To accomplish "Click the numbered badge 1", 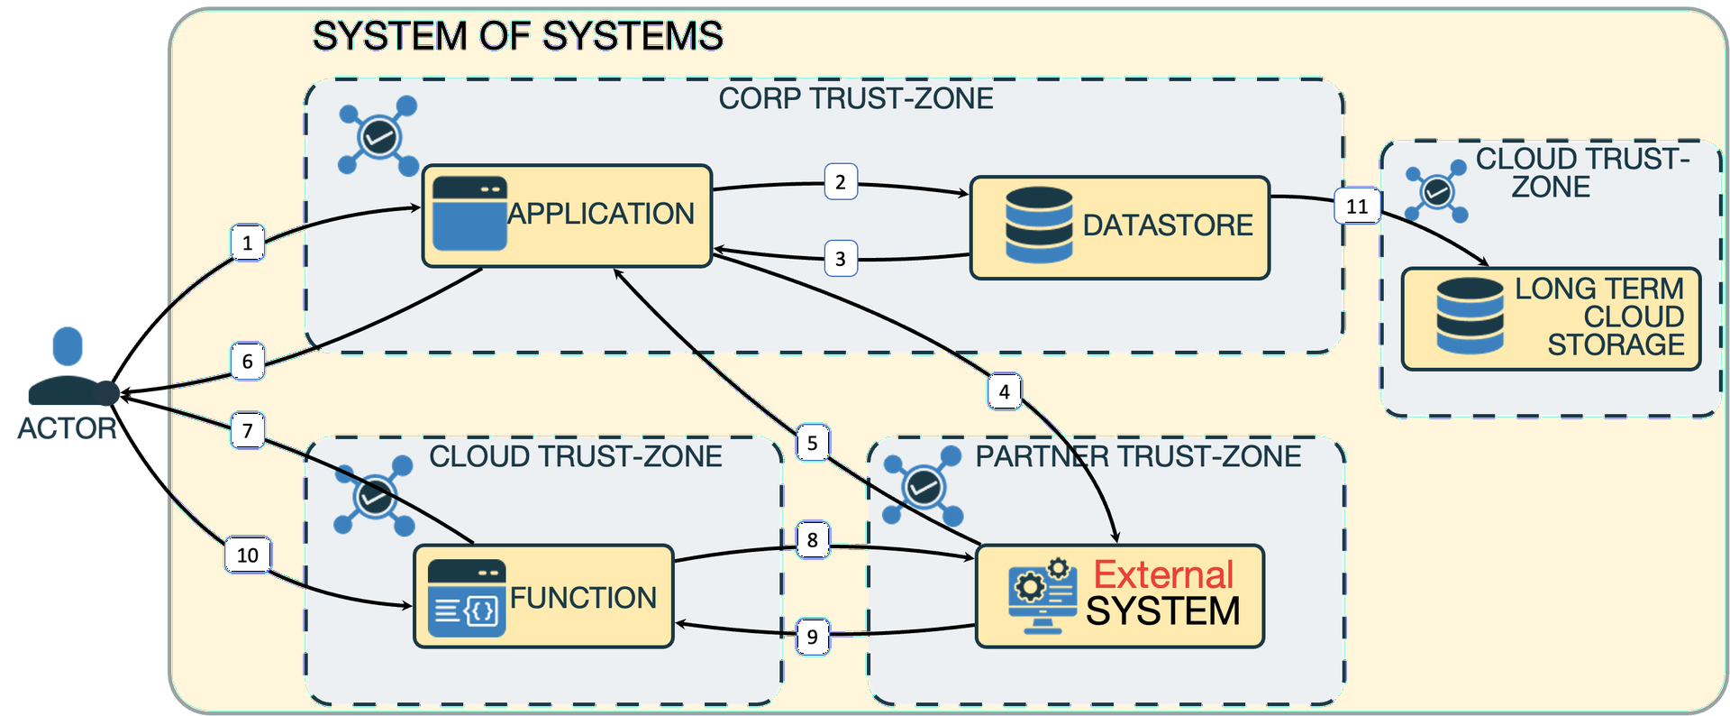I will pyautogui.click(x=248, y=243).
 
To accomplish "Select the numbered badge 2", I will pyautogui.click(x=841, y=182).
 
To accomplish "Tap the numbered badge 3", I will pyautogui.click(x=841, y=259).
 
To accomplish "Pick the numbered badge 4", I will pyautogui.click(x=1005, y=391).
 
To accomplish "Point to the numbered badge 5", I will pyautogui.click(x=813, y=443).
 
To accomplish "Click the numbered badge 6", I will pyautogui.click(x=248, y=362).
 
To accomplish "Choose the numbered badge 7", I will pyautogui.click(x=248, y=430).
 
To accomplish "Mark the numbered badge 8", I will pyautogui.click(x=813, y=539).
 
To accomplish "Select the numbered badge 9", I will pyautogui.click(x=813, y=637).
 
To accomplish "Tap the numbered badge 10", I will pyautogui.click(x=248, y=555).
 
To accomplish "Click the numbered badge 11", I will pyautogui.click(x=1357, y=207).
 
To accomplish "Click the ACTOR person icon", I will pyautogui.click(x=69, y=366).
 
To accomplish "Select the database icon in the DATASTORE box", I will pyautogui.click(x=1039, y=225).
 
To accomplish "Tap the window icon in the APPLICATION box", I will pyautogui.click(x=469, y=214).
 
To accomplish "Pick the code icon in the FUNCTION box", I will pyautogui.click(x=467, y=598).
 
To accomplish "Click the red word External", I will pyautogui.click(x=1163, y=574).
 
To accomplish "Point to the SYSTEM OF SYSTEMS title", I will pyautogui.click(x=517, y=37).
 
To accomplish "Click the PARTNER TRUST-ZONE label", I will pyautogui.click(x=1138, y=456).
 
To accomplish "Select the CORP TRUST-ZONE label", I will pyautogui.click(x=856, y=98).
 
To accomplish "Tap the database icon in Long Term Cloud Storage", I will pyautogui.click(x=1470, y=316).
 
